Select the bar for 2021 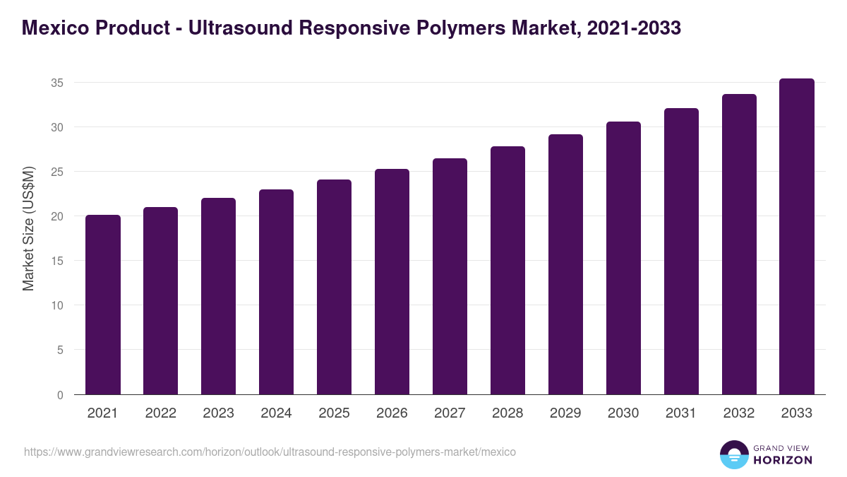[103, 305]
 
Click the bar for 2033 [797, 237]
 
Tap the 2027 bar [450, 276]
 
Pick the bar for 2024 [276, 292]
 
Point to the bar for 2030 [623, 258]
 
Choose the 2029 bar [565, 264]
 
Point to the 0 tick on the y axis [60, 395]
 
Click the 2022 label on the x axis [161, 413]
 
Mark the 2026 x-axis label [392, 413]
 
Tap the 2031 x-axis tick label [681, 413]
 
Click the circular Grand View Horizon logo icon [733, 454]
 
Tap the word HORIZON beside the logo [782, 460]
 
